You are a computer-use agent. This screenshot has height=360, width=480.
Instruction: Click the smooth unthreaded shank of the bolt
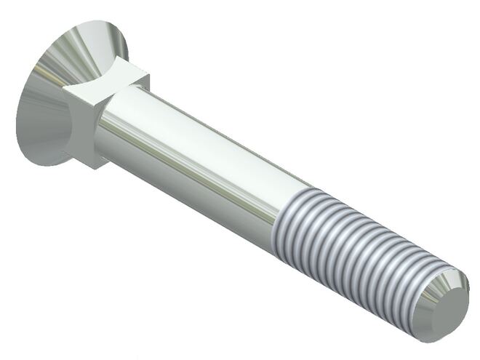pos(196,160)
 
